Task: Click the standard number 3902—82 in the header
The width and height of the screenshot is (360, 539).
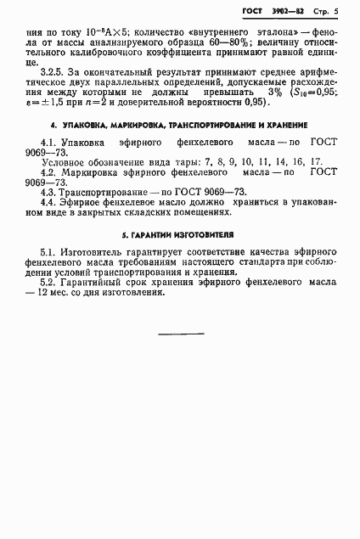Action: coord(293,11)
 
